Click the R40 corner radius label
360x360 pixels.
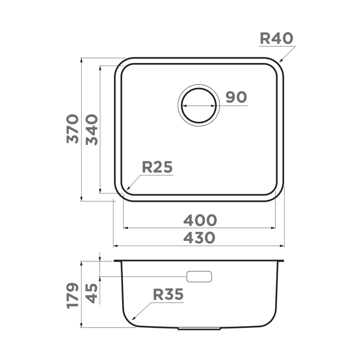click(276, 38)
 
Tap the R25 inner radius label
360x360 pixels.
click(158, 167)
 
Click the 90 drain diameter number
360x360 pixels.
click(236, 97)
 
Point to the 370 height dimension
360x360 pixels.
click(73, 129)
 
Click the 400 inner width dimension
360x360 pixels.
click(200, 220)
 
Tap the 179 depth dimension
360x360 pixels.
click(73, 295)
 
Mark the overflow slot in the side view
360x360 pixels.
click(199, 276)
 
